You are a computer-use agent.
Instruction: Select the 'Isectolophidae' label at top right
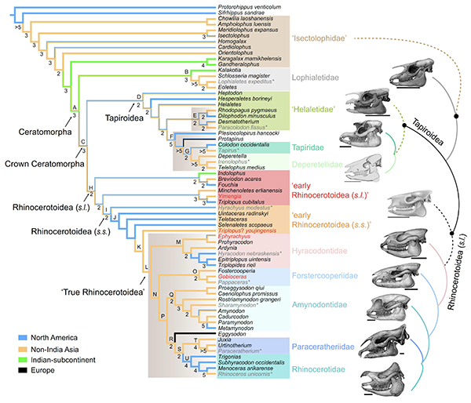tap(319, 38)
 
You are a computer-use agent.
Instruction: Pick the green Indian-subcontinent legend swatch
tap(12, 371)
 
